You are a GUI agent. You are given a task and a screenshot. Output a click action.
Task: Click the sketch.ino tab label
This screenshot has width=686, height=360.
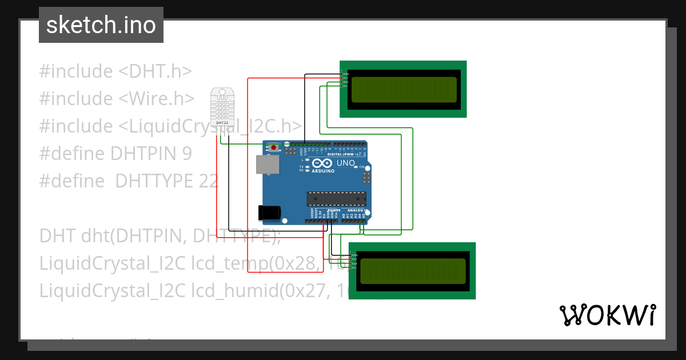tap(101, 25)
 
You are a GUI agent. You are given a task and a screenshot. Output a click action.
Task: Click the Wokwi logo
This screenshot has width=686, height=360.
tap(607, 315)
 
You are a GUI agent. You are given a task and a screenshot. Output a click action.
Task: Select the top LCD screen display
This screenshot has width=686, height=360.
tap(404, 89)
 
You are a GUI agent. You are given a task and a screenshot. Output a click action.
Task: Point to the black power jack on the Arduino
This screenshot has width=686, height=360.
tap(269, 213)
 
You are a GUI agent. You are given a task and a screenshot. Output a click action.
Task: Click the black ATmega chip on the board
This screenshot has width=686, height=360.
tap(336, 198)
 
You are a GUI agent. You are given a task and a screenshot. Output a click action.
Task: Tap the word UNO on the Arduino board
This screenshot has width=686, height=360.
tap(346, 163)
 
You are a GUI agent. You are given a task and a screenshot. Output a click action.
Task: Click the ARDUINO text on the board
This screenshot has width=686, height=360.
tap(323, 170)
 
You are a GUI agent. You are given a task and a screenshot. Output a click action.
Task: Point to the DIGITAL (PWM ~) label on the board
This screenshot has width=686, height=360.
tap(342, 155)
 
